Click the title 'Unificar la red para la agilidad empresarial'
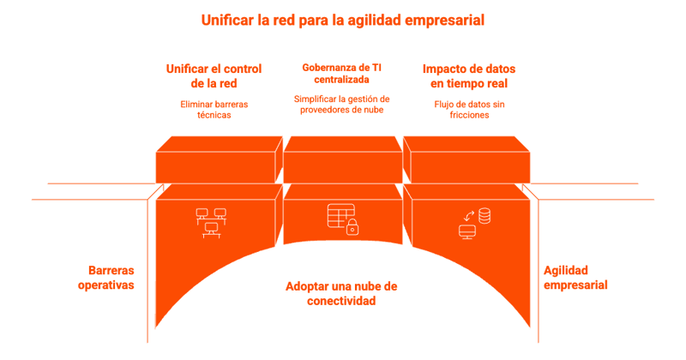coord(342,19)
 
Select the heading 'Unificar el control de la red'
coord(214,75)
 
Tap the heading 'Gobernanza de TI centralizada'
coord(342,73)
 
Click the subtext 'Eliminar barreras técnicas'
coord(214,109)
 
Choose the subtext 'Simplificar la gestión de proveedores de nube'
coord(342,104)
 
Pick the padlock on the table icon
coord(352,227)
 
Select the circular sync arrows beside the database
coord(469,214)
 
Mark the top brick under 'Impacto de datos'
coord(466,162)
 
